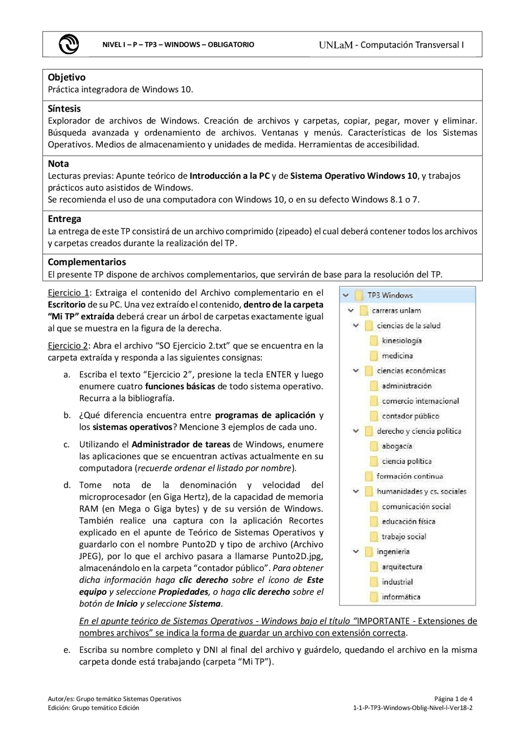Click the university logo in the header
(68, 44)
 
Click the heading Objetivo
(66, 77)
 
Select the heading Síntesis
(64, 109)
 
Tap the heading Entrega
(64, 219)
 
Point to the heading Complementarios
(87, 262)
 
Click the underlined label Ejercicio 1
(68, 293)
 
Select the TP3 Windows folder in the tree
(390, 295)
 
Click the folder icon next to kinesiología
(374, 341)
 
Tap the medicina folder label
(397, 356)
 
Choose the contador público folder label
(410, 416)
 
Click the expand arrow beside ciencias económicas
(356, 370)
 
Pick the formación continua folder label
(409, 476)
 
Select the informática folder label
(401, 597)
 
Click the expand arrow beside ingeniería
(356, 552)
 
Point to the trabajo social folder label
(404, 537)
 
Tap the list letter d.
(66, 485)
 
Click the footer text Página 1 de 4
(453, 699)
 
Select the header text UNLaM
(336, 45)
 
